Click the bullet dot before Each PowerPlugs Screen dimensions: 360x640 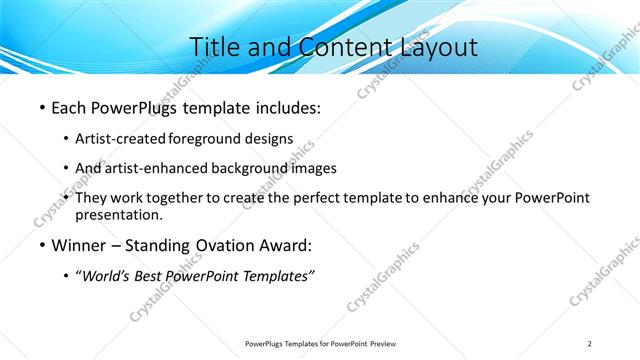(41, 106)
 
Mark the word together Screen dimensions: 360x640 (183, 198)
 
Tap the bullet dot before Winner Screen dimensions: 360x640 (41, 246)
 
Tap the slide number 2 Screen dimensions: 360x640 (589, 344)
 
